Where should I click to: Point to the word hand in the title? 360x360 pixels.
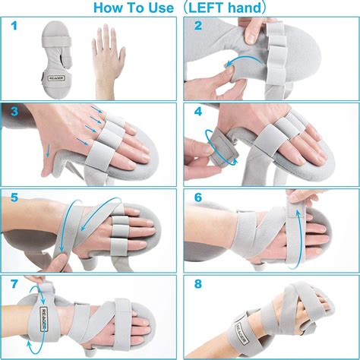coord(252,8)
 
